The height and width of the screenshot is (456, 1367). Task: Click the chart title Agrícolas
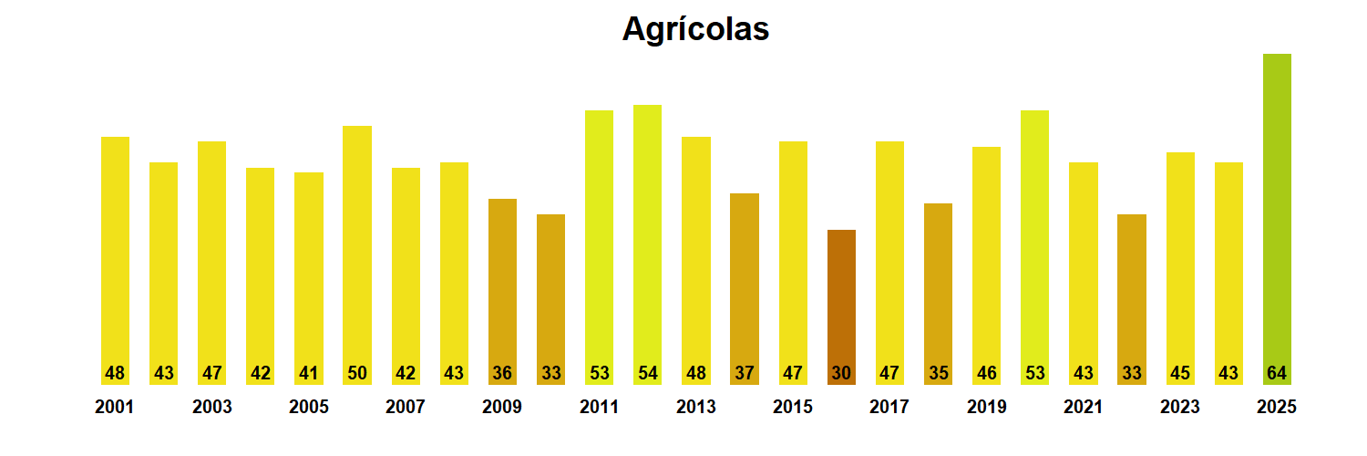[695, 29]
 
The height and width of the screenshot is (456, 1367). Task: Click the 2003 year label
[212, 408]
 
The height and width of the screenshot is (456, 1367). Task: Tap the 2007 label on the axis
[406, 408]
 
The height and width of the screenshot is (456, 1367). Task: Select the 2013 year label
[696, 408]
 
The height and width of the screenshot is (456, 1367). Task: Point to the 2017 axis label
[889, 408]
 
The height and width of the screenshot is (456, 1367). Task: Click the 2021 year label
[1083, 408]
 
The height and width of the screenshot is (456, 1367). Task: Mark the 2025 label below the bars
[1276, 408]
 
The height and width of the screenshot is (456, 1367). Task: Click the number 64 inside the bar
[1277, 373]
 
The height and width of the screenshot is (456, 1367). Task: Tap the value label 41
[309, 373]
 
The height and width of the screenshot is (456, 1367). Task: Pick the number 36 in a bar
[502, 373]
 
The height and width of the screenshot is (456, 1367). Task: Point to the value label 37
[745, 373]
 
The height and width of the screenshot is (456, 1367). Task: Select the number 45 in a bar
[1180, 373]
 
